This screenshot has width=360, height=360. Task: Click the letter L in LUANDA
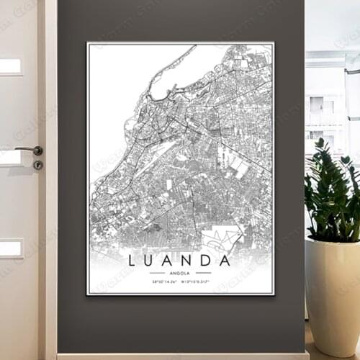click(x=131, y=261)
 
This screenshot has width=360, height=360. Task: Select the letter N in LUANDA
click(x=186, y=261)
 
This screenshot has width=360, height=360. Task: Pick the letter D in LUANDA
click(x=205, y=261)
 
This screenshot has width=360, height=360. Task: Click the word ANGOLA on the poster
click(x=180, y=273)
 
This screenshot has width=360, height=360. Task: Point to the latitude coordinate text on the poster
click(x=165, y=282)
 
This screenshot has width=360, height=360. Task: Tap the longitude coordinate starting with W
click(x=197, y=282)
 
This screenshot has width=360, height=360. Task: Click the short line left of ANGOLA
click(x=158, y=273)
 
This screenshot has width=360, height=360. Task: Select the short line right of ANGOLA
click(x=203, y=273)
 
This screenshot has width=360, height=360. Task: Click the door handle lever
click(x=30, y=150)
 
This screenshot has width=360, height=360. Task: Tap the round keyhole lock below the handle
click(x=37, y=165)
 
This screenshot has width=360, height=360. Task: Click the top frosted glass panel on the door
click(x=10, y=66)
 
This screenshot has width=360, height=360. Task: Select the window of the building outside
click(x=318, y=104)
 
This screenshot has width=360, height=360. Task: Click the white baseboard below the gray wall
click(x=180, y=356)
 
